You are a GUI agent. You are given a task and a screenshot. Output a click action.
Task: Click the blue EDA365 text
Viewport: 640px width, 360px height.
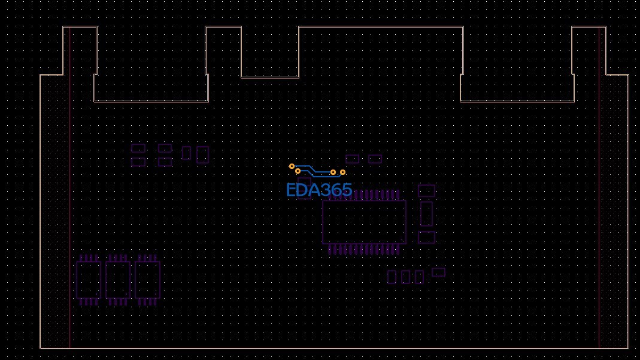(319, 190)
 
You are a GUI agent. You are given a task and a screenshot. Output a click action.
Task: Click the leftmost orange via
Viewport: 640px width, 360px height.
(292, 166)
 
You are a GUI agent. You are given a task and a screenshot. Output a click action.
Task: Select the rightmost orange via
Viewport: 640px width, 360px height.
(342, 173)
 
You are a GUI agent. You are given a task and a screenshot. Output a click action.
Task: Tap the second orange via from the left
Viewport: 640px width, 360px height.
(298, 171)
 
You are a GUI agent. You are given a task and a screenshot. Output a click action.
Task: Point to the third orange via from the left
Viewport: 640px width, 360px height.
(333, 173)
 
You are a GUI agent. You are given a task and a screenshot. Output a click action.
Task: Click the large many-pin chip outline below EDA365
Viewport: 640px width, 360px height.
(364, 222)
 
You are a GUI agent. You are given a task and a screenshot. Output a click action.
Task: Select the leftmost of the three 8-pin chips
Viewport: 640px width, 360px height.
(89, 280)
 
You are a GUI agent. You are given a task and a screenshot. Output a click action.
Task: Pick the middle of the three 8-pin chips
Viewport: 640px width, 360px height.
(118, 280)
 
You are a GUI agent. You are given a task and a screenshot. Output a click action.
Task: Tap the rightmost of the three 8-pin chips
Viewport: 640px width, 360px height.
(147, 280)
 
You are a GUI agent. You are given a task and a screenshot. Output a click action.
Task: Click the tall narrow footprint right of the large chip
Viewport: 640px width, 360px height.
(426, 214)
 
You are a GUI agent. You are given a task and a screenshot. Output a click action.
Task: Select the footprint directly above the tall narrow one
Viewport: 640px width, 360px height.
(426, 191)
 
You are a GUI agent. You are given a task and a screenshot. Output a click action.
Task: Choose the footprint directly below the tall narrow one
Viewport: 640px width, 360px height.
(426, 238)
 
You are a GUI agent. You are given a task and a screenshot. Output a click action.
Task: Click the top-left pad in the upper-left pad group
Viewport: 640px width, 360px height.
(138, 148)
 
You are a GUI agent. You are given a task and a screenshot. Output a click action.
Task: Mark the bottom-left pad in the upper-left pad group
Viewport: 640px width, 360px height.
(138, 162)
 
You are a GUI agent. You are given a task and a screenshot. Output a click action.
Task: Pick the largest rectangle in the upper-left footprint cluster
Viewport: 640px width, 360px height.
(203, 155)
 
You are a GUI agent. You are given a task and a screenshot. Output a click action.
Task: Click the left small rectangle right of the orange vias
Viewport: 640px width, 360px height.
(353, 159)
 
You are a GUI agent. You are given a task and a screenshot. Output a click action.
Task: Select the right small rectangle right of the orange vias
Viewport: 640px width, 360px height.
(375, 159)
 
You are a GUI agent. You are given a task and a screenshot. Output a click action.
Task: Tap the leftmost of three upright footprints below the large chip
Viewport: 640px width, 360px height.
(392, 277)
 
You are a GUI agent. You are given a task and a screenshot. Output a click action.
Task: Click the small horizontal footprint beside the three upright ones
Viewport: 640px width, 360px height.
(439, 272)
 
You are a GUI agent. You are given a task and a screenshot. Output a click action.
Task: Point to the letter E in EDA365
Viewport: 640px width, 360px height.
(290, 190)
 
